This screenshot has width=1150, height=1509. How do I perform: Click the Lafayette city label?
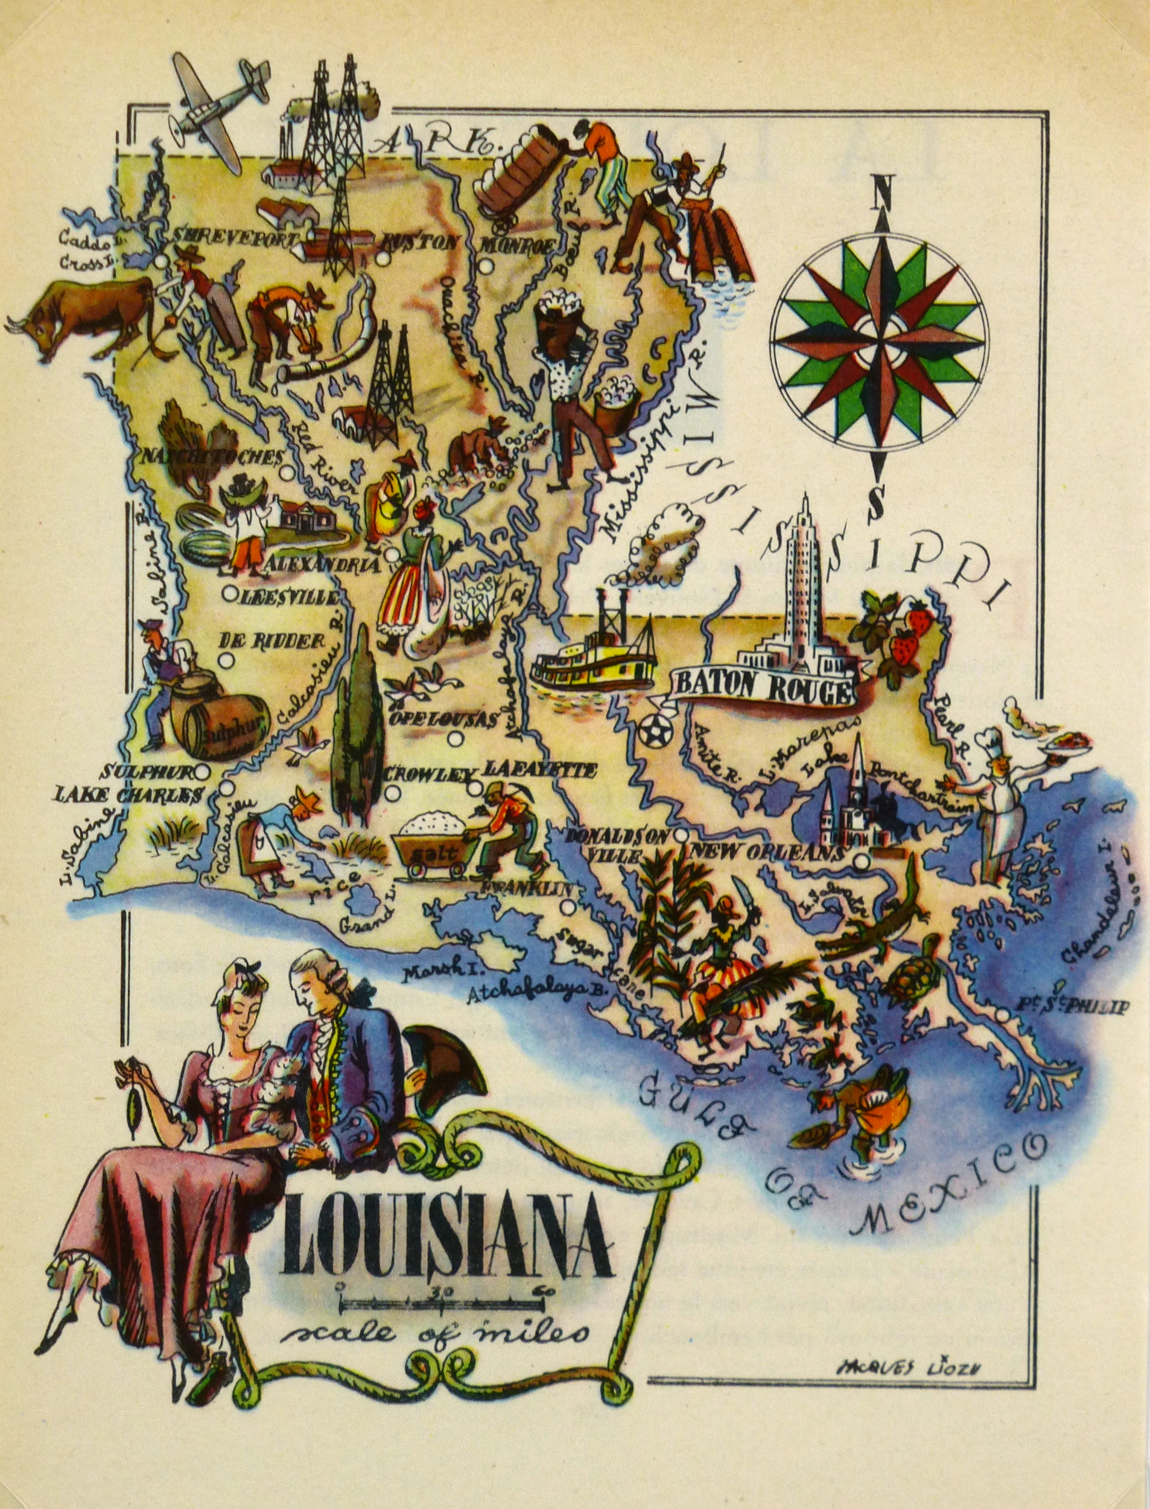pyautogui.click(x=539, y=771)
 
